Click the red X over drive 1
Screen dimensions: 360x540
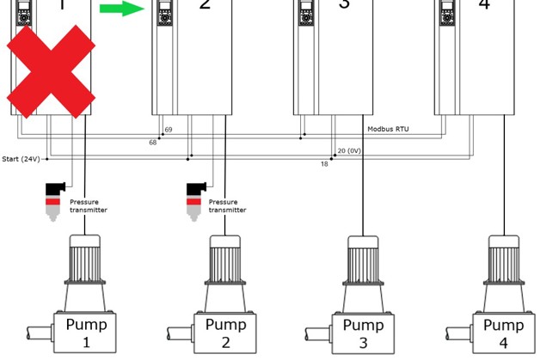51,71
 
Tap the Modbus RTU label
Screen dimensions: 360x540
388,129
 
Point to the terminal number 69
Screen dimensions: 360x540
169,130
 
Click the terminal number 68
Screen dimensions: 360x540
153,143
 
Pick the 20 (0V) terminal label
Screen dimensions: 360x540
349,150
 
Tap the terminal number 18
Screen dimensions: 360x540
325,163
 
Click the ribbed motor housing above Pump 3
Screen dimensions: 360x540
364,259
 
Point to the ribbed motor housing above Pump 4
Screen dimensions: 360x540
503,259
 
